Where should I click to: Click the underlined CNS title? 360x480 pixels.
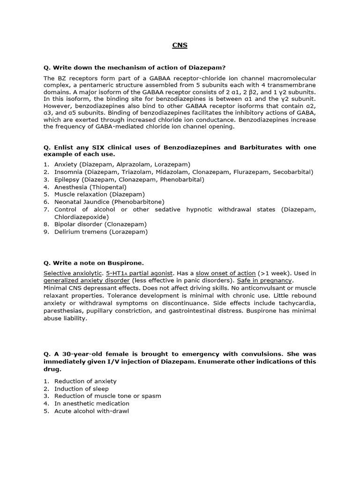180,45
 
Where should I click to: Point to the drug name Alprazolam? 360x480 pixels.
132,165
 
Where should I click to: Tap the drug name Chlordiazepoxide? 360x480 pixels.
81,217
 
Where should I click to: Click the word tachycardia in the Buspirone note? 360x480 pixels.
294,303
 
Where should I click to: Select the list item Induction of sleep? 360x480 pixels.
81,389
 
